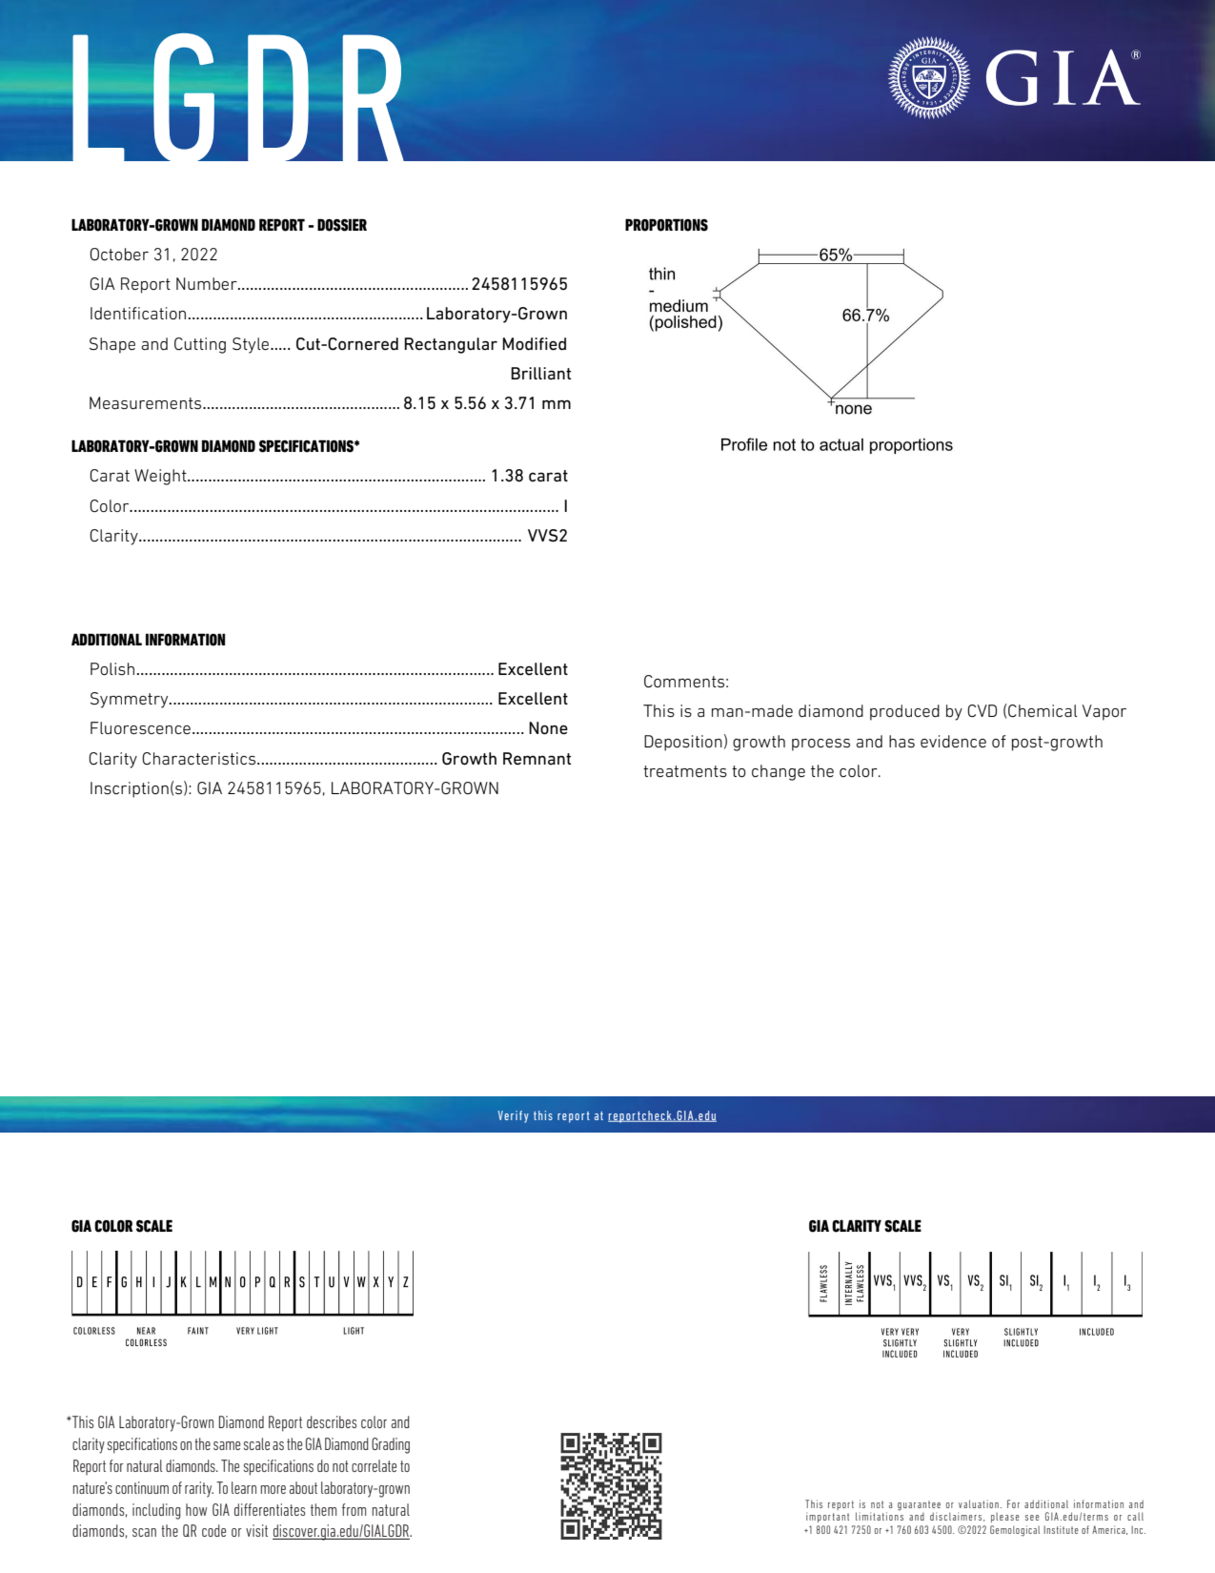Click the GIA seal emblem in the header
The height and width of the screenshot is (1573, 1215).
click(x=928, y=78)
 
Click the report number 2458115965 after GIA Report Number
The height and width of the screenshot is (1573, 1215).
click(x=519, y=284)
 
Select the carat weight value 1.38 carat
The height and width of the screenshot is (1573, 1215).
click(x=529, y=476)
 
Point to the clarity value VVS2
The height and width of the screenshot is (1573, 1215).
click(x=547, y=536)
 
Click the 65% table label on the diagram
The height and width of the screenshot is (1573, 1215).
click(x=835, y=255)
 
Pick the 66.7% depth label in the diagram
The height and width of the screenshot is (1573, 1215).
click(x=865, y=315)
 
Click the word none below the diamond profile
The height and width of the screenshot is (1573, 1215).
click(x=854, y=409)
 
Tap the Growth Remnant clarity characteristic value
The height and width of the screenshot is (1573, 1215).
click(x=506, y=759)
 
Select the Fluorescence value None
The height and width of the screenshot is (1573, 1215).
click(x=547, y=729)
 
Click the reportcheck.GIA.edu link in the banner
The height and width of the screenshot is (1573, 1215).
click(x=662, y=1116)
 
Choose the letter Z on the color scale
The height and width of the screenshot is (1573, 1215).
click(x=406, y=1282)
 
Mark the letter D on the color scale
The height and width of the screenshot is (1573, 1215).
click(x=79, y=1282)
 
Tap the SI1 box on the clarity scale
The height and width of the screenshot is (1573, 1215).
click(x=1005, y=1282)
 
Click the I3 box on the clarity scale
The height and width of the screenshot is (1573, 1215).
click(x=1126, y=1282)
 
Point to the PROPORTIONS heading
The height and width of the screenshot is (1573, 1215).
click(x=666, y=225)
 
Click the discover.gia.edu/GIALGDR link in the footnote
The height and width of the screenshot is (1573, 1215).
click(x=341, y=1532)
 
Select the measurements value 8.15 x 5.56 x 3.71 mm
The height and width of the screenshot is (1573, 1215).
click(x=487, y=403)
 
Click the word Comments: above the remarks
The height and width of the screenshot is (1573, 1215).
click(x=686, y=682)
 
